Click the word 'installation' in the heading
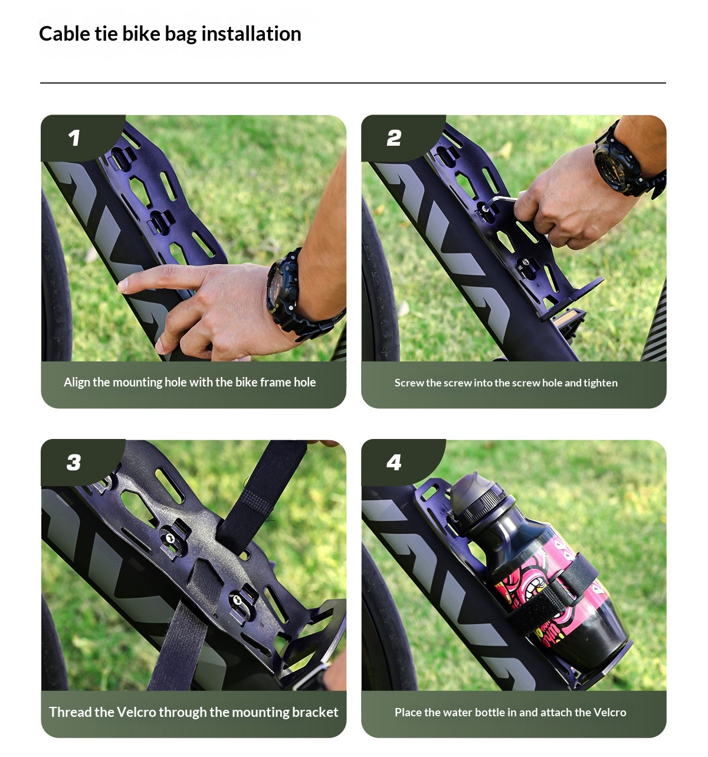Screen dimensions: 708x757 [251, 34]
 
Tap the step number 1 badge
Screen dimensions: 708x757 [74, 138]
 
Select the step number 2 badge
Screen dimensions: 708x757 [394, 138]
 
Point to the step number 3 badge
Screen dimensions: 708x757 [74, 463]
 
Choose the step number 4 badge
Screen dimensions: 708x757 [394, 463]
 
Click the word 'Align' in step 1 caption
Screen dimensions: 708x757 [77, 382]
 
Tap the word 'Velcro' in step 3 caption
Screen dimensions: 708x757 [136, 712]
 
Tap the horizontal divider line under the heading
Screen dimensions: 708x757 [353, 83]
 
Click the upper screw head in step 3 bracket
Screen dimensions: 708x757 [170, 538]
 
